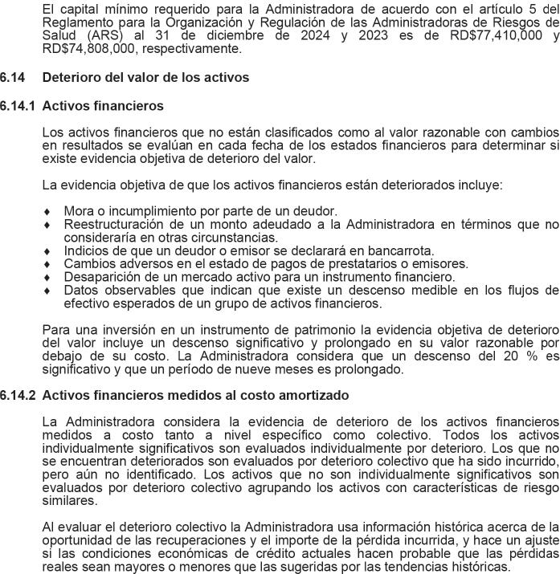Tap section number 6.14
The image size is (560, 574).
click(13, 78)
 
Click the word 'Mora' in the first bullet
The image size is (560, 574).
click(79, 211)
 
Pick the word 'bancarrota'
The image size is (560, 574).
click(403, 250)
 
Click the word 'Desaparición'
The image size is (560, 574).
click(100, 277)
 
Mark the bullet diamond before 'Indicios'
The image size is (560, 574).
click(47, 251)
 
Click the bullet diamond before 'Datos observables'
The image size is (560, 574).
click(47, 291)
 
